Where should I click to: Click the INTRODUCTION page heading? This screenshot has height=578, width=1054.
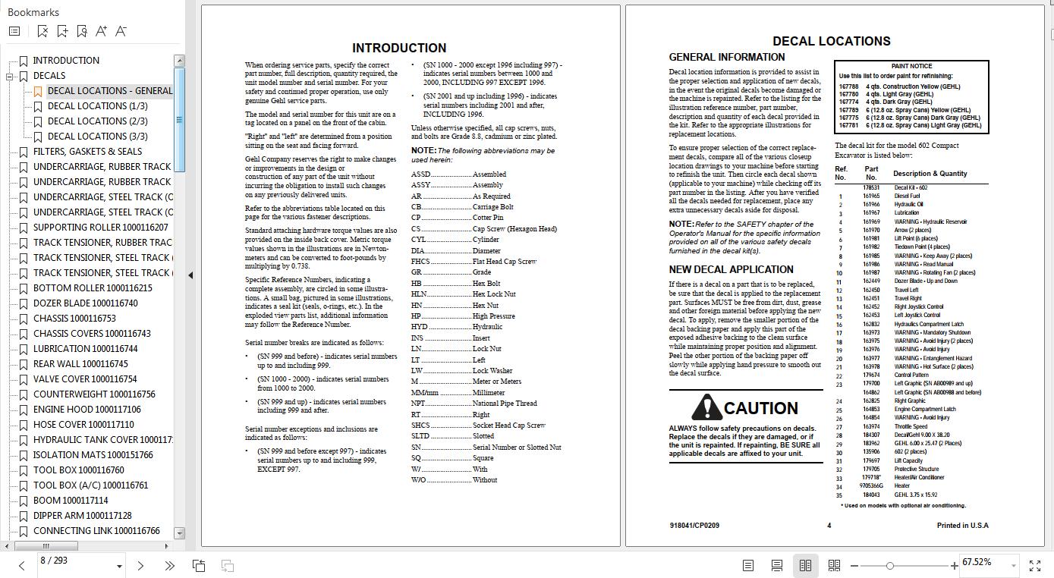coord(399,48)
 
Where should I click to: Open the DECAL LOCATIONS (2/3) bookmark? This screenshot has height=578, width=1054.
coord(97,121)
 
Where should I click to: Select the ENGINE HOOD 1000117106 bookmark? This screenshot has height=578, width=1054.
coord(87,410)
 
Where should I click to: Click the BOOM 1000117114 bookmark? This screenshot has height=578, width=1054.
coord(70,501)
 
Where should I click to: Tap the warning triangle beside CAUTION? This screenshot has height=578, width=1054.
coord(706,407)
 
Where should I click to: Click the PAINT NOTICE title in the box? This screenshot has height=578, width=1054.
coord(911,67)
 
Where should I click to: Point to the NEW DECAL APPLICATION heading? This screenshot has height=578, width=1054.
coord(731,269)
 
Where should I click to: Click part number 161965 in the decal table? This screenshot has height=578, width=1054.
coord(871,196)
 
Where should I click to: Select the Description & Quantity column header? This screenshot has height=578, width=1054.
coord(930,174)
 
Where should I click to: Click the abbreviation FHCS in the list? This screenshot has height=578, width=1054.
coord(420,262)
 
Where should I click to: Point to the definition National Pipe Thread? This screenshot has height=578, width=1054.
coord(505,404)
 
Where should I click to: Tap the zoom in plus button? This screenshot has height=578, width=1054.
coord(954,565)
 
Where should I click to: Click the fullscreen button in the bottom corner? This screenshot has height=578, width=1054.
coord(1035,565)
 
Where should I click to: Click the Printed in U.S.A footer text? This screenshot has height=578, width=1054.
coord(962,525)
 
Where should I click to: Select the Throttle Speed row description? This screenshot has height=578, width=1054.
coord(911,426)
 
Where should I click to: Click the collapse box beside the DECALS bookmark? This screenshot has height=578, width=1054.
coord(10,77)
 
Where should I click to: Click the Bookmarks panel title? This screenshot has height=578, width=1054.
coord(33,12)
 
